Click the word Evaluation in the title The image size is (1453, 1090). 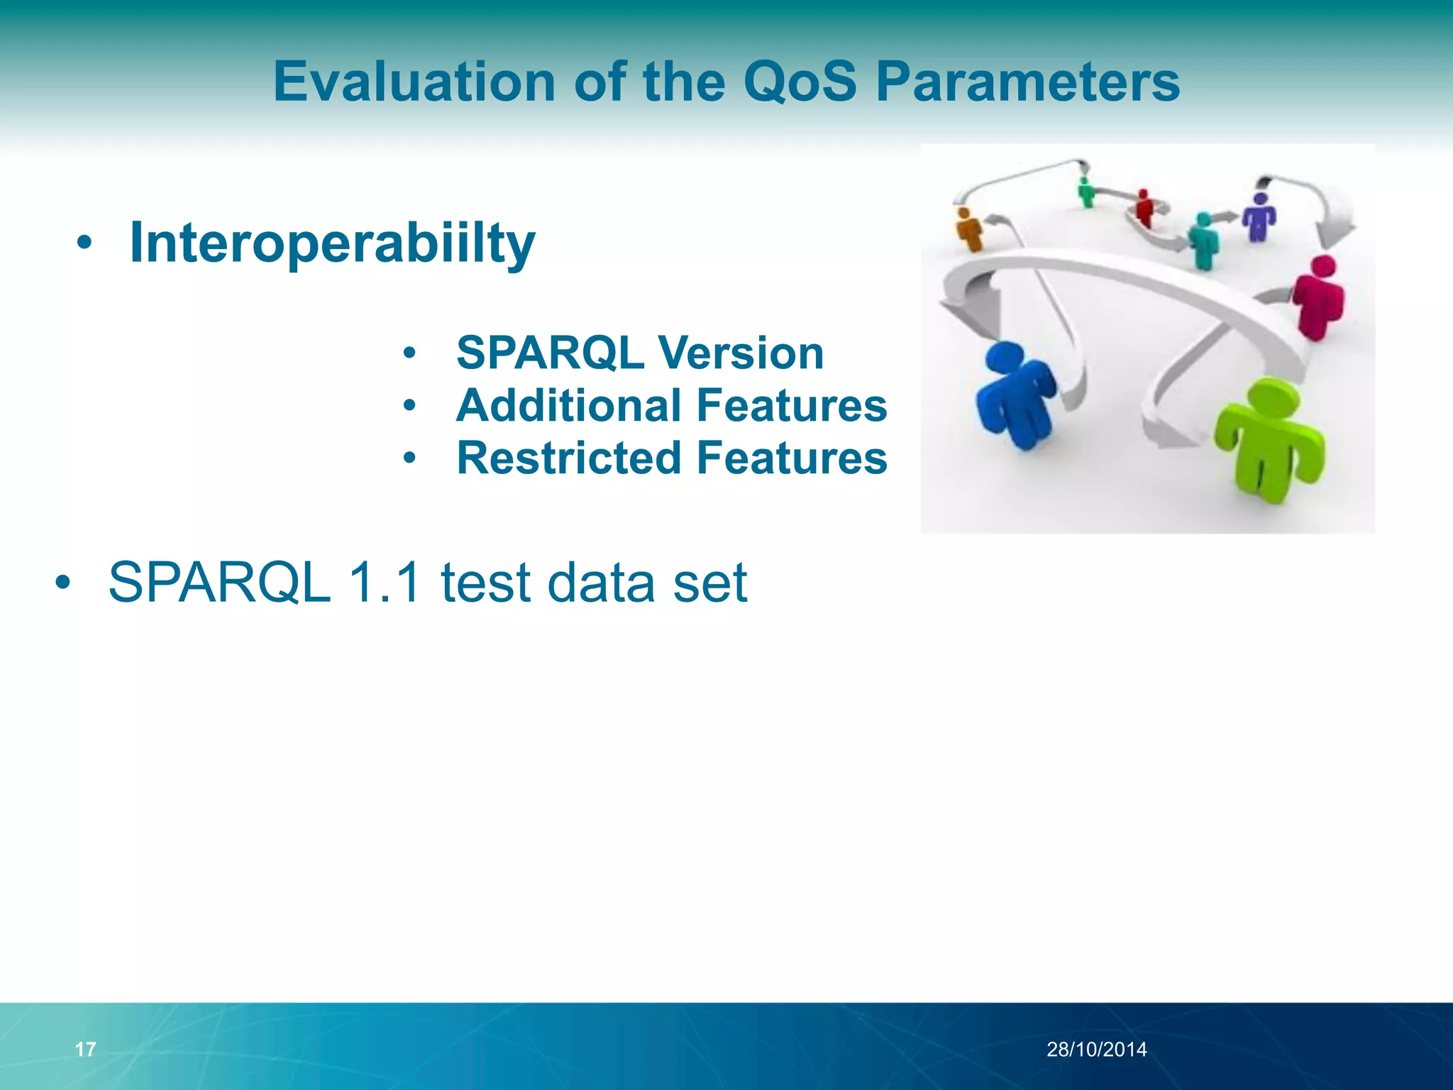tap(414, 82)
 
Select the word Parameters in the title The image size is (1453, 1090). tap(1027, 82)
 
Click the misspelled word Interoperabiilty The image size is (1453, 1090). tap(332, 243)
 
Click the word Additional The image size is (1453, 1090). tap(571, 405)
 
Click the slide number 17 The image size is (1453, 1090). tap(85, 1050)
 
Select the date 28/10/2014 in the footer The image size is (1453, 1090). tap(1096, 1050)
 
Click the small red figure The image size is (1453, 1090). tap(1143, 207)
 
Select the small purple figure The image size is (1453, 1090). tap(1259, 216)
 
